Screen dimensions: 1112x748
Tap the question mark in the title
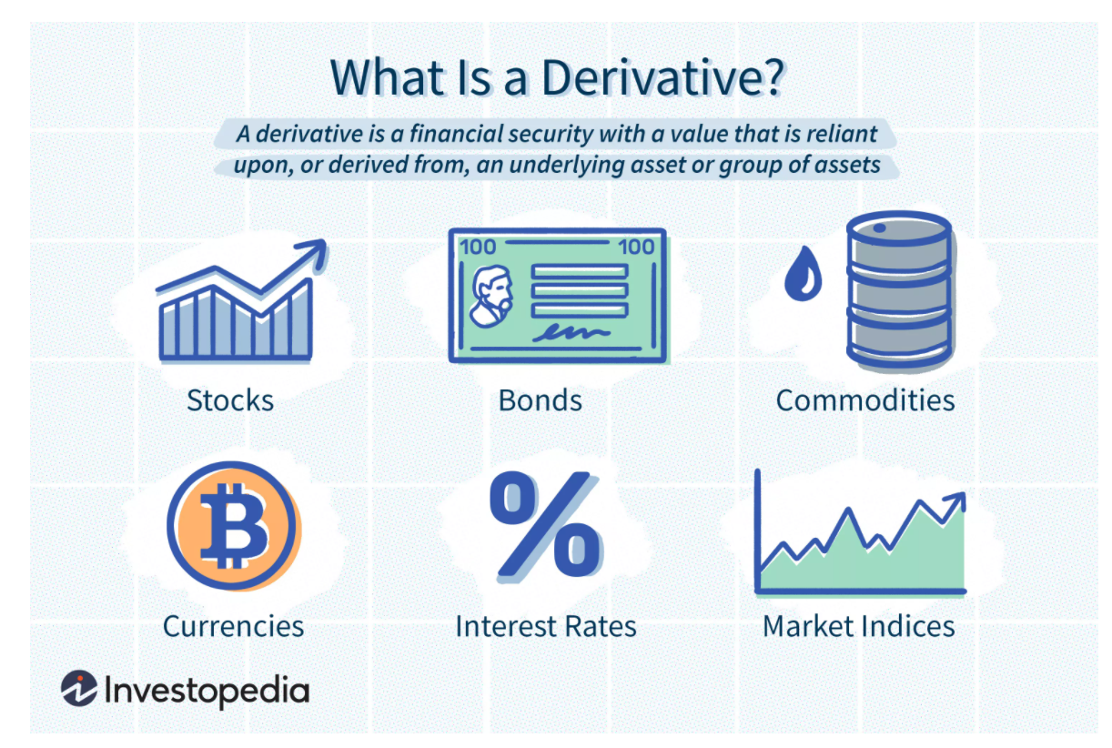pyautogui.click(x=773, y=77)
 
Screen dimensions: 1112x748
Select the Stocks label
pyautogui.click(x=230, y=400)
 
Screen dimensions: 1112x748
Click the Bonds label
pyautogui.click(x=541, y=400)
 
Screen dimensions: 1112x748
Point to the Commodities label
pyautogui.click(x=865, y=400)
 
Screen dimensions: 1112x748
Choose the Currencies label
pyautogui.click(x=233, y=626)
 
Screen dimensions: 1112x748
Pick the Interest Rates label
pyautogui.click(x=546, y=626)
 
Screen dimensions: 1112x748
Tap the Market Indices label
pyautogui.click(x=859, y=626)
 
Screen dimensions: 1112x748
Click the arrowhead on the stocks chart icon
pyautogui.click(x=313, y=253)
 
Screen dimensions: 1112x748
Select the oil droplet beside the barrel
pyautogui.click(x=804, y=274)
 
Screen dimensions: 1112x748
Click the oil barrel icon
pyautogui.click(x=899, y=289)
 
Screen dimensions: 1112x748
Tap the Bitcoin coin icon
pyautogui.click(x=233, y=526)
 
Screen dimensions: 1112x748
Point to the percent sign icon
pyautogui.click(x=546, y=525)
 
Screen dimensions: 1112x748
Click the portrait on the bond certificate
pyautogui.click(x=492, y=297)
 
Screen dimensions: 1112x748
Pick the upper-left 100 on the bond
pyautogui.click(x=478, y=247)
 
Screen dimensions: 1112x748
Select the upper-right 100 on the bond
pyautogui.click(x=636, y=247)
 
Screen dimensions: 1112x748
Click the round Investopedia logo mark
pyautogui.click(x=79, y=689)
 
